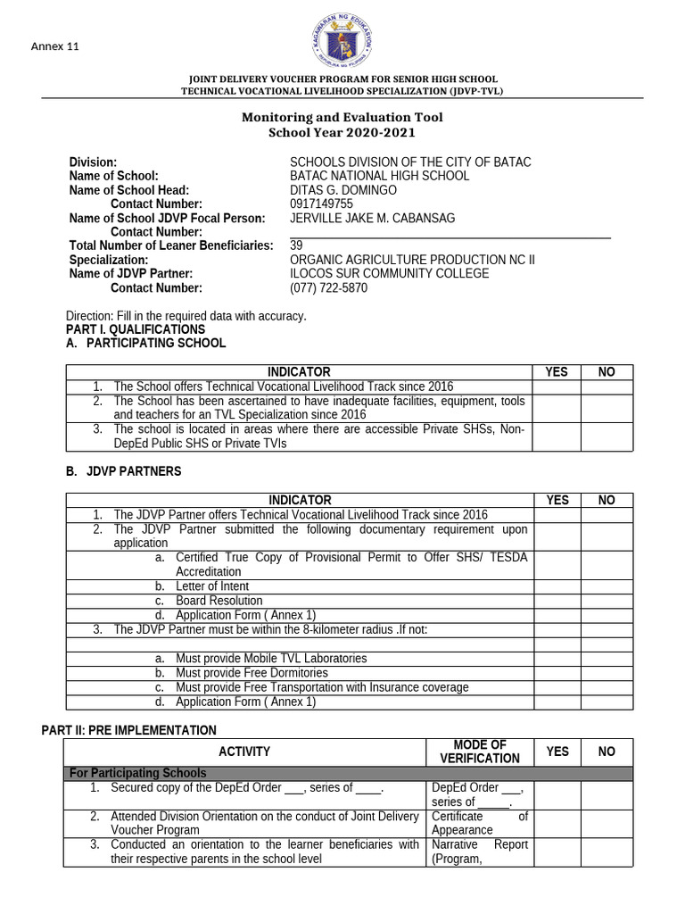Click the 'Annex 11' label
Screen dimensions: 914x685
(55, 46)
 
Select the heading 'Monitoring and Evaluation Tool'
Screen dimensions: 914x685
(342, 118)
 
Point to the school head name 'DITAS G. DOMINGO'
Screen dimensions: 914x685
(343, 190)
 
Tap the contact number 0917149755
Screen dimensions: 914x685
(321, 204)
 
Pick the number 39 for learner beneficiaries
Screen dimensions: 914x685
(297, 245)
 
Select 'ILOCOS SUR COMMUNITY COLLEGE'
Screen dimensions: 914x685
(389, 274)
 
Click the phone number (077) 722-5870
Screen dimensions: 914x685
(328, 288)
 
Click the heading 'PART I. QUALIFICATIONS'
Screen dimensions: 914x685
(136, 329)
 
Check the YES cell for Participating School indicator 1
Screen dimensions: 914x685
(556, 386)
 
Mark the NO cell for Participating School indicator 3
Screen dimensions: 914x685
(607, 436)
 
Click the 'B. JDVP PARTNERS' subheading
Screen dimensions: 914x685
(123, 471)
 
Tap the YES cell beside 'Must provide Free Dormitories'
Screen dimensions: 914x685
(557, 673)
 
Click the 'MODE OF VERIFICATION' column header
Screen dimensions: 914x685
(479, 752)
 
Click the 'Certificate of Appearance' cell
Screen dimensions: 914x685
(479, 823)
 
